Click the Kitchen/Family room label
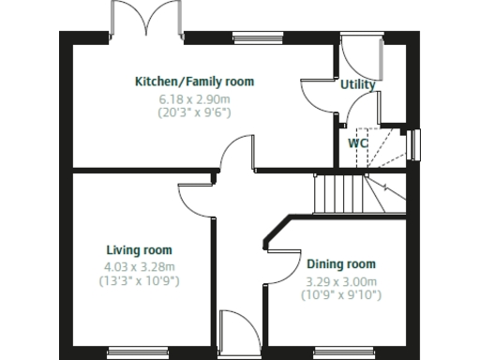[194, 82]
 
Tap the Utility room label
[357, 84]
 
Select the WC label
[357, 143]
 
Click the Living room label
[139, 250]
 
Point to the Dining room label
[341, 264]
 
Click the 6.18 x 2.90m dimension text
[194, 97]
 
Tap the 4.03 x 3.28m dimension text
[139, 265]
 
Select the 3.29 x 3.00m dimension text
[341, 280]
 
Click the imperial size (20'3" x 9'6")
[194, 112]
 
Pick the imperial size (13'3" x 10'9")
[139, 279]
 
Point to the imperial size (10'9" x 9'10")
[341, 294]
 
